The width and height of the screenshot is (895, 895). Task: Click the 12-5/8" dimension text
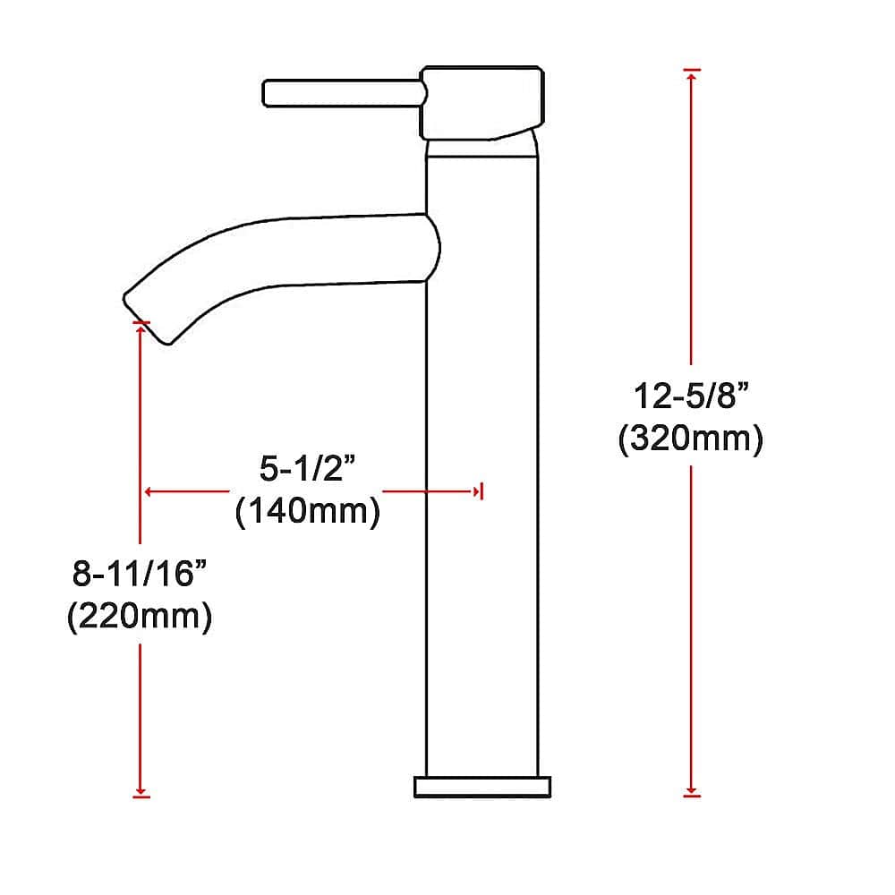(690, 396)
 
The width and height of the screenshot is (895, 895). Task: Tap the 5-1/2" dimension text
(306, 467)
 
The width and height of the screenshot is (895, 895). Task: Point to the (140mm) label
(306, 512)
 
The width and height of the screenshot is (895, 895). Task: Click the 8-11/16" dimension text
(140, 574)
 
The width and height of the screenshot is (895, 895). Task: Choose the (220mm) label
(140, 618)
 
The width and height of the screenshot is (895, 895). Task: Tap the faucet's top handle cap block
(482, 101)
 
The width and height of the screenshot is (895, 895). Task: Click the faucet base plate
(482, 787)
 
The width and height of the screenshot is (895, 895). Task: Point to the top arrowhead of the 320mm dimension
(690, 75)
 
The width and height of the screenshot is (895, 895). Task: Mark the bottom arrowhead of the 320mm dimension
(690, 788)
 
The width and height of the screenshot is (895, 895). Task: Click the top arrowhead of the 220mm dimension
(141, 328)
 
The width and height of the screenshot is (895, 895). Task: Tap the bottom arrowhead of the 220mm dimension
(141, 789)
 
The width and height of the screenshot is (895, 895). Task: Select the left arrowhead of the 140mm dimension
(149, 490)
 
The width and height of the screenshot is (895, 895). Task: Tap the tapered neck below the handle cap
(482, 147)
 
